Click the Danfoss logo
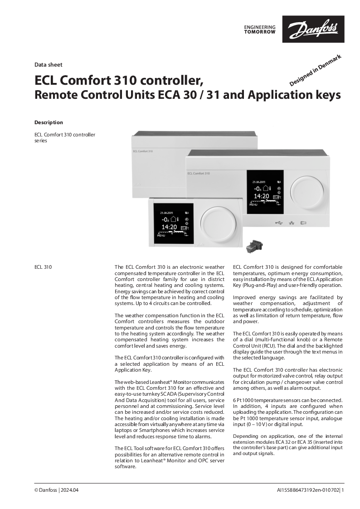313,29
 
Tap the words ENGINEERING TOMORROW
259,29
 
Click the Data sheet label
48,65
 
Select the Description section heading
49,122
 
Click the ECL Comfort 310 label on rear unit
143,150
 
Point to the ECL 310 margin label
43,267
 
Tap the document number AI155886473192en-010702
308,490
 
